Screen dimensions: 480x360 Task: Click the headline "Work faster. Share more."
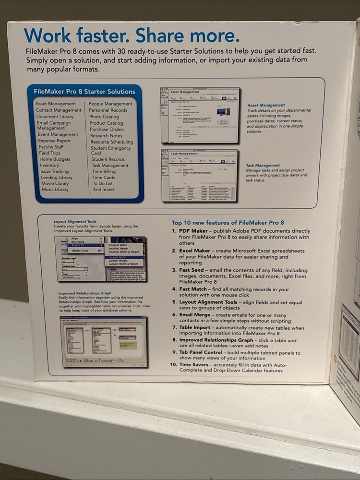click(x=131, y=35)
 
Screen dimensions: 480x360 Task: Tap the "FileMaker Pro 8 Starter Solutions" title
click(x=84, y=92)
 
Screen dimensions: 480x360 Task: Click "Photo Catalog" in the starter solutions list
click(x=104, y=117)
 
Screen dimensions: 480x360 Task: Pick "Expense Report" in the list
click(x=54, y=141)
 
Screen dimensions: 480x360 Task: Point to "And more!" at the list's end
click(x=104, y=190)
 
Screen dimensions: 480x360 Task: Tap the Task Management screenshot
click(x=199, y=175)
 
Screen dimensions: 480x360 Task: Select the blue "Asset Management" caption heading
click(x=266, y=105)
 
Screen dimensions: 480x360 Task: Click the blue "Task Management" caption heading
click(x=263, y=165)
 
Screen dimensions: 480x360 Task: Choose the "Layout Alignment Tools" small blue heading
click(x=75, y=222)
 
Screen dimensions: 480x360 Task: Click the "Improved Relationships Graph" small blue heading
click(x=84, y=293)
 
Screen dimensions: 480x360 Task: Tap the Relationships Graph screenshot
click(x=104, y=341)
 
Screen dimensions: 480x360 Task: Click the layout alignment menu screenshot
click(x=100, y=258)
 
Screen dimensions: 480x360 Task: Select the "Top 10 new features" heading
click(x=228, y=223)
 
